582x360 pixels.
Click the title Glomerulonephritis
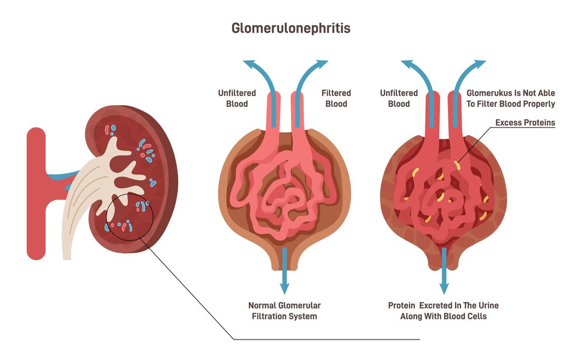[x=291, y=27]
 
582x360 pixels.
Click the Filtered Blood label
[x=336, y=98]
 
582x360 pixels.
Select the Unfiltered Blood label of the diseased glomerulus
[x=399, y=98]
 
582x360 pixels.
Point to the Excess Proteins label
[x=525, y=123]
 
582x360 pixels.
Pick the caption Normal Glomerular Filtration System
[x=285, y=310]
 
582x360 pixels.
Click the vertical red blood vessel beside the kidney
[x=36, y=193]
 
